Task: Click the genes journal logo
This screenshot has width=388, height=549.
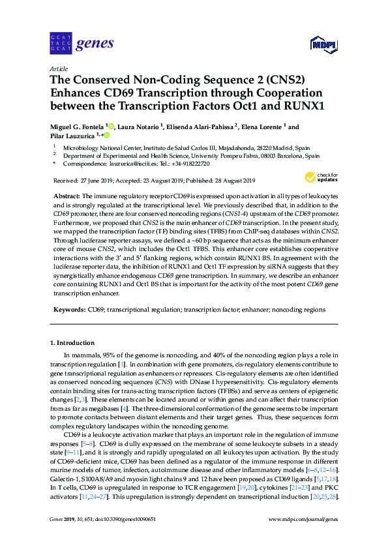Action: (x=82, y=44)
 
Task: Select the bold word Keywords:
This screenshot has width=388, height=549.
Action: (x=68, y=309)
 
